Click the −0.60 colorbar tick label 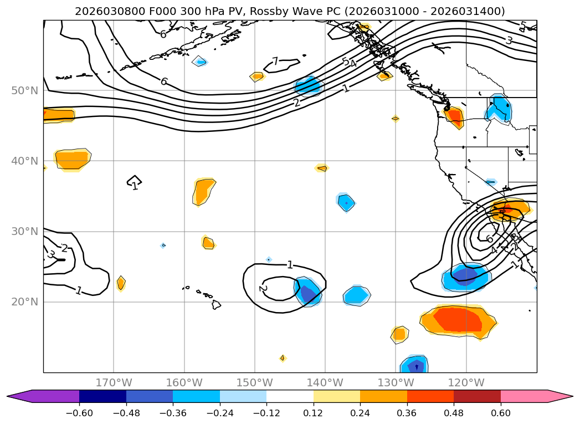pyautogui.click(x=79, y=413)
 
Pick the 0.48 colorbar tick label pyautogui.click(x=454, y=413)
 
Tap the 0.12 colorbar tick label pyautogui.click(x=314, y=413)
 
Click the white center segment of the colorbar pyautogui.click(x=290, y=396)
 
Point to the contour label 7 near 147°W pyautogui.click(x=275, y=62)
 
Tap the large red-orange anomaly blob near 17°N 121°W pyautogui.click(x=459, y=320)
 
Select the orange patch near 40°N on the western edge pyautogui.click(x=72, y=160)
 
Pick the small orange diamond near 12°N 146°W pyautogui.click(x=283, y=358)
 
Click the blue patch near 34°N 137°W pyautogui.click(x=346, y=203)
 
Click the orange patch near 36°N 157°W pyautogui.click(x=203, y=191)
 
